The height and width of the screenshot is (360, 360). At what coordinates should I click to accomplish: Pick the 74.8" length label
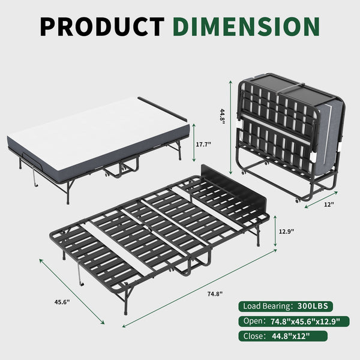pos(214,294)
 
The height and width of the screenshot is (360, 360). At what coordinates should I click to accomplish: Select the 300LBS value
pos(313,306)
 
